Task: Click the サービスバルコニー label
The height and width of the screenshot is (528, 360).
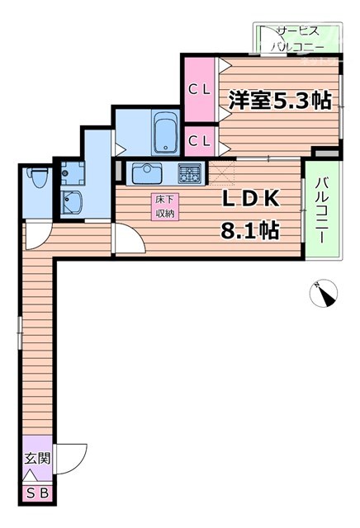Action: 299,38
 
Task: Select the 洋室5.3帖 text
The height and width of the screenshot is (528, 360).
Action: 280,101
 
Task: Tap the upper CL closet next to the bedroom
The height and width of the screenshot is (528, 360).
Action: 198,89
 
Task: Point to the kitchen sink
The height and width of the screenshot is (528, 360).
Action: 149,173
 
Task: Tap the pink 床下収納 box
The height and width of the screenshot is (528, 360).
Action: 163,206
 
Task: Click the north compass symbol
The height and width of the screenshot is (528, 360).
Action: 322,292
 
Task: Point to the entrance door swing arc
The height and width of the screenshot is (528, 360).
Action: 73,455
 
